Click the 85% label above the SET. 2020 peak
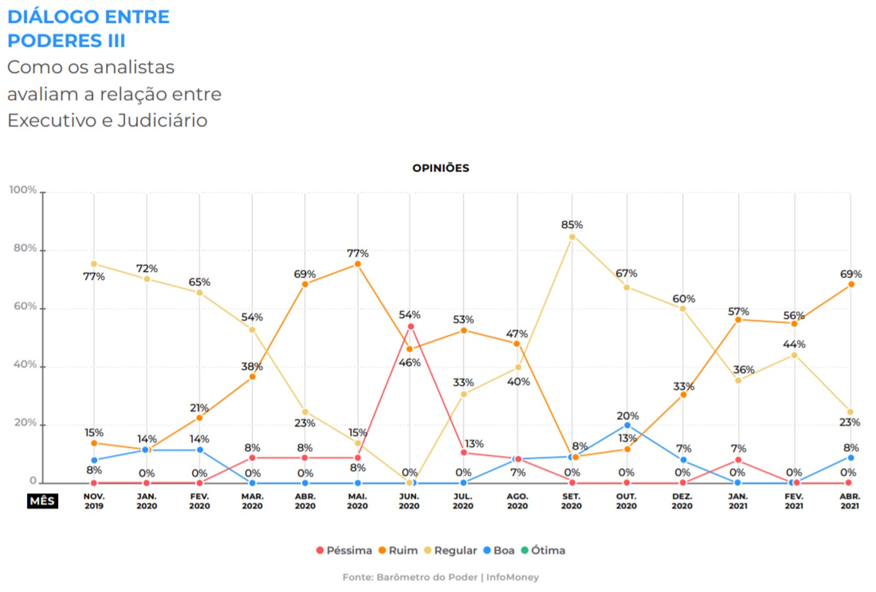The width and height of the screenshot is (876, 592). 572,225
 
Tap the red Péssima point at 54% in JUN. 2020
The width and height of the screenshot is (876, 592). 410,327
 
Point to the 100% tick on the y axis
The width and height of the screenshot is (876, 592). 23,190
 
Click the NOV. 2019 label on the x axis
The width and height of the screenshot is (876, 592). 94,501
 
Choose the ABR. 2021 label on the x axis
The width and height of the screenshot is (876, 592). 849,501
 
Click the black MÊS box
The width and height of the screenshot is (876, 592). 42,501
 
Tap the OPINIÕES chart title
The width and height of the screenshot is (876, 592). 441,168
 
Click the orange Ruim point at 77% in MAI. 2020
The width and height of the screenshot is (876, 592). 357,264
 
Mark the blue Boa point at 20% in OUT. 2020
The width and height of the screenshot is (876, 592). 627,425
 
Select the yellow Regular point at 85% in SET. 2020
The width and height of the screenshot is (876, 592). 572,237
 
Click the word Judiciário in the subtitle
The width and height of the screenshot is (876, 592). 162,121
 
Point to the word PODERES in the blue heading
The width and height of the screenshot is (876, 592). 55,41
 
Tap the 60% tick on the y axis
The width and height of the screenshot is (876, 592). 25,306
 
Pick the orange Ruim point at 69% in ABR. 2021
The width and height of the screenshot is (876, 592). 851,284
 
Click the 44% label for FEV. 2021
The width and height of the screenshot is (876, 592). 794,344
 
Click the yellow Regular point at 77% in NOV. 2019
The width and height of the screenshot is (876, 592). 94,264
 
